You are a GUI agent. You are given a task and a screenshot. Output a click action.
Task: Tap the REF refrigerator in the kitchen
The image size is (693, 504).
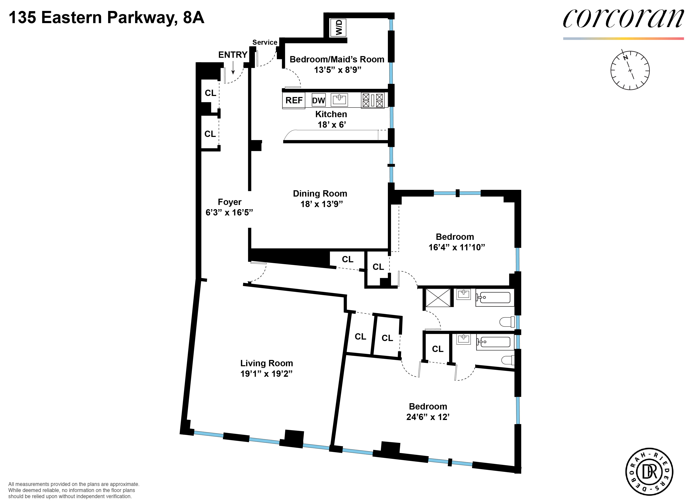[x=294, y=100]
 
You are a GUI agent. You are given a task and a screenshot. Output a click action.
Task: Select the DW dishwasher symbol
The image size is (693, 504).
[x=318, y=100]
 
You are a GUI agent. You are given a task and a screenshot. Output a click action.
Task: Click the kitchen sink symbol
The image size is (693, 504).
[x=339, y=100]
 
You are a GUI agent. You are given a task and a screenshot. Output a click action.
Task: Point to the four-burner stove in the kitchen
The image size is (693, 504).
[x=373, y=100]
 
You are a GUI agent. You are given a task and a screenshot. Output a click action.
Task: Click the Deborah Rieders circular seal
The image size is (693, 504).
[x=649, y=472]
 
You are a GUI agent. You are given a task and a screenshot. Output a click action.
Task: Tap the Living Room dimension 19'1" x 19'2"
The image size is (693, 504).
[x=266, y=374]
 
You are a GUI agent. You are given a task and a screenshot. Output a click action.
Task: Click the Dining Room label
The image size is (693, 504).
[x=320, y=193]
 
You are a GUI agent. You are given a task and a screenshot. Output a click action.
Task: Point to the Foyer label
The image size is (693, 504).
[x=230, y=202]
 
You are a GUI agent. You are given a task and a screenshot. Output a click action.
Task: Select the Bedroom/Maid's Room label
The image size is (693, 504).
[x=337, y=59]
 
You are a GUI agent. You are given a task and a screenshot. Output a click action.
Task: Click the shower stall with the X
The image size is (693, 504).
[x=438, y=297]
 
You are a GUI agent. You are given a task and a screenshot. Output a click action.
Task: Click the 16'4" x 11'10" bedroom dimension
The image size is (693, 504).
[x=457, y=247]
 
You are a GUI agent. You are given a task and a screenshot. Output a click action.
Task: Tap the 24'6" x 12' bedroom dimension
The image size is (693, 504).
[x=428, y=417]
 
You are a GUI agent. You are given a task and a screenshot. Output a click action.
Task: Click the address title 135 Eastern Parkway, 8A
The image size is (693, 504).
[x=106, y=17]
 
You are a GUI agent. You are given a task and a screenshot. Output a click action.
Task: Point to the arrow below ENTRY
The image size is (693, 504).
[x=233, y=68]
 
